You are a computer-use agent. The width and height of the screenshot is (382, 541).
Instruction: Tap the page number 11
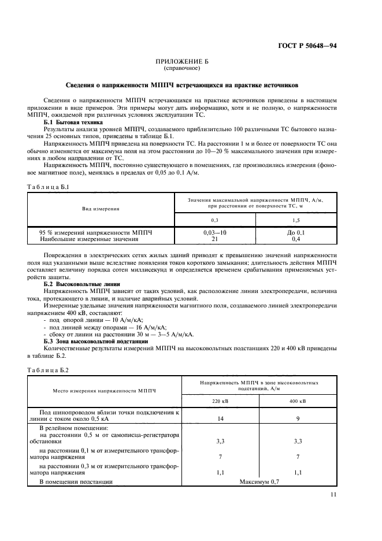[333, 494]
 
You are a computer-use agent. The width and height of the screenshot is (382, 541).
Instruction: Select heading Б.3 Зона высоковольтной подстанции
[97, 341]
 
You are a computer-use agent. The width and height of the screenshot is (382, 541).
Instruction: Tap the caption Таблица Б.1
[49, 187]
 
